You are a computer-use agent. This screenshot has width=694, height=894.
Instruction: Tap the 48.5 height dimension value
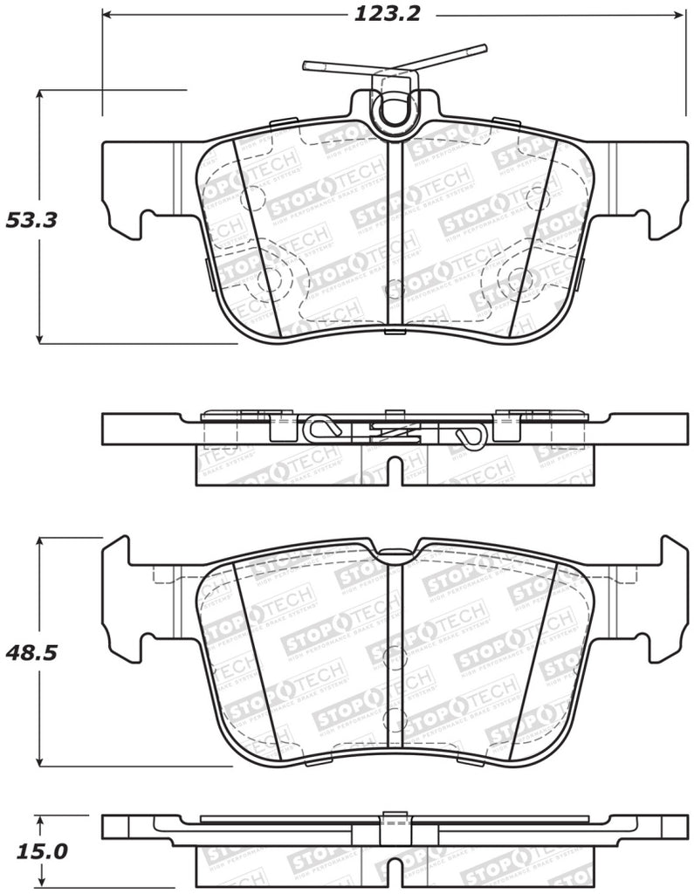coord(31,652)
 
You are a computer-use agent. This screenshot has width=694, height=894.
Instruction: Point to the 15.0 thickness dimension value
coord(31,850)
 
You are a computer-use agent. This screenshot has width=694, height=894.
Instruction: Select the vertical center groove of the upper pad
coord(395,236)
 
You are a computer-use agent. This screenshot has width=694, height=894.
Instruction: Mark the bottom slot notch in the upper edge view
coord(395,468)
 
